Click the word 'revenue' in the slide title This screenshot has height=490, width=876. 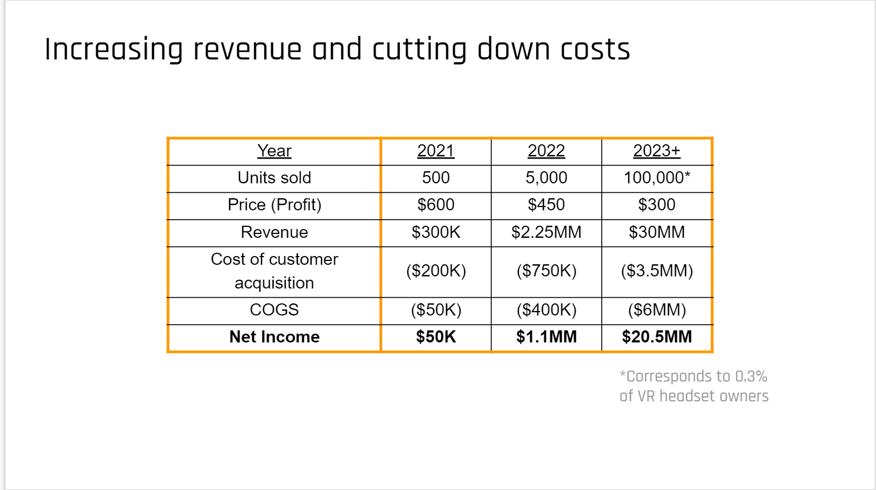247,50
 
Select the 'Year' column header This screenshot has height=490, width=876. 274,151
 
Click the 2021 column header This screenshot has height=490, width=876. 436,151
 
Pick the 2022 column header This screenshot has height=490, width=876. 546,151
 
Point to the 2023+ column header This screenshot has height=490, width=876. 656,151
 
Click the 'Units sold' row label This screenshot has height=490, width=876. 274,178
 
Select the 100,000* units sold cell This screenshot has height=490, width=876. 656,178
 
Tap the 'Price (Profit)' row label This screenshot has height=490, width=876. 274,205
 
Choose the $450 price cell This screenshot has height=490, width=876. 546,205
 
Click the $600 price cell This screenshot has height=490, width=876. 436,205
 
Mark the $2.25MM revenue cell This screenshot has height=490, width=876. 546,232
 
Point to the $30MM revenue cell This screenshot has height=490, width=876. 656,232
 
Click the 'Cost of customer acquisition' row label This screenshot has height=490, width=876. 274,271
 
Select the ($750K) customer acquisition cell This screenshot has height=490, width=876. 546,271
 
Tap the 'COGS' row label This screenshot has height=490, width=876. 274,310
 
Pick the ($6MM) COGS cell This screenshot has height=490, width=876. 656,310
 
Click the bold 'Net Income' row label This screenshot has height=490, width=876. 274,337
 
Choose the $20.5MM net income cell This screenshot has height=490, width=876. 656,337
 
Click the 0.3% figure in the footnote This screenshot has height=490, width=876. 751,377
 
